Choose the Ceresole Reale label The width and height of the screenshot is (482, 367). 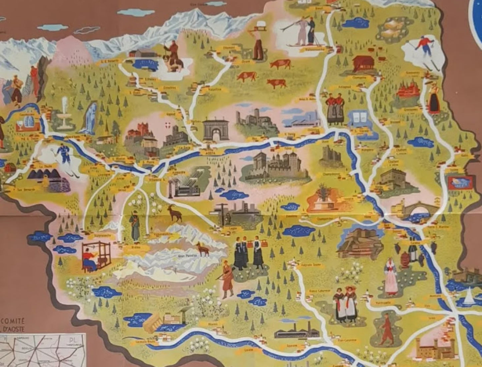pos(141,342)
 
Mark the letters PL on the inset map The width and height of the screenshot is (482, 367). pos(73,341)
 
